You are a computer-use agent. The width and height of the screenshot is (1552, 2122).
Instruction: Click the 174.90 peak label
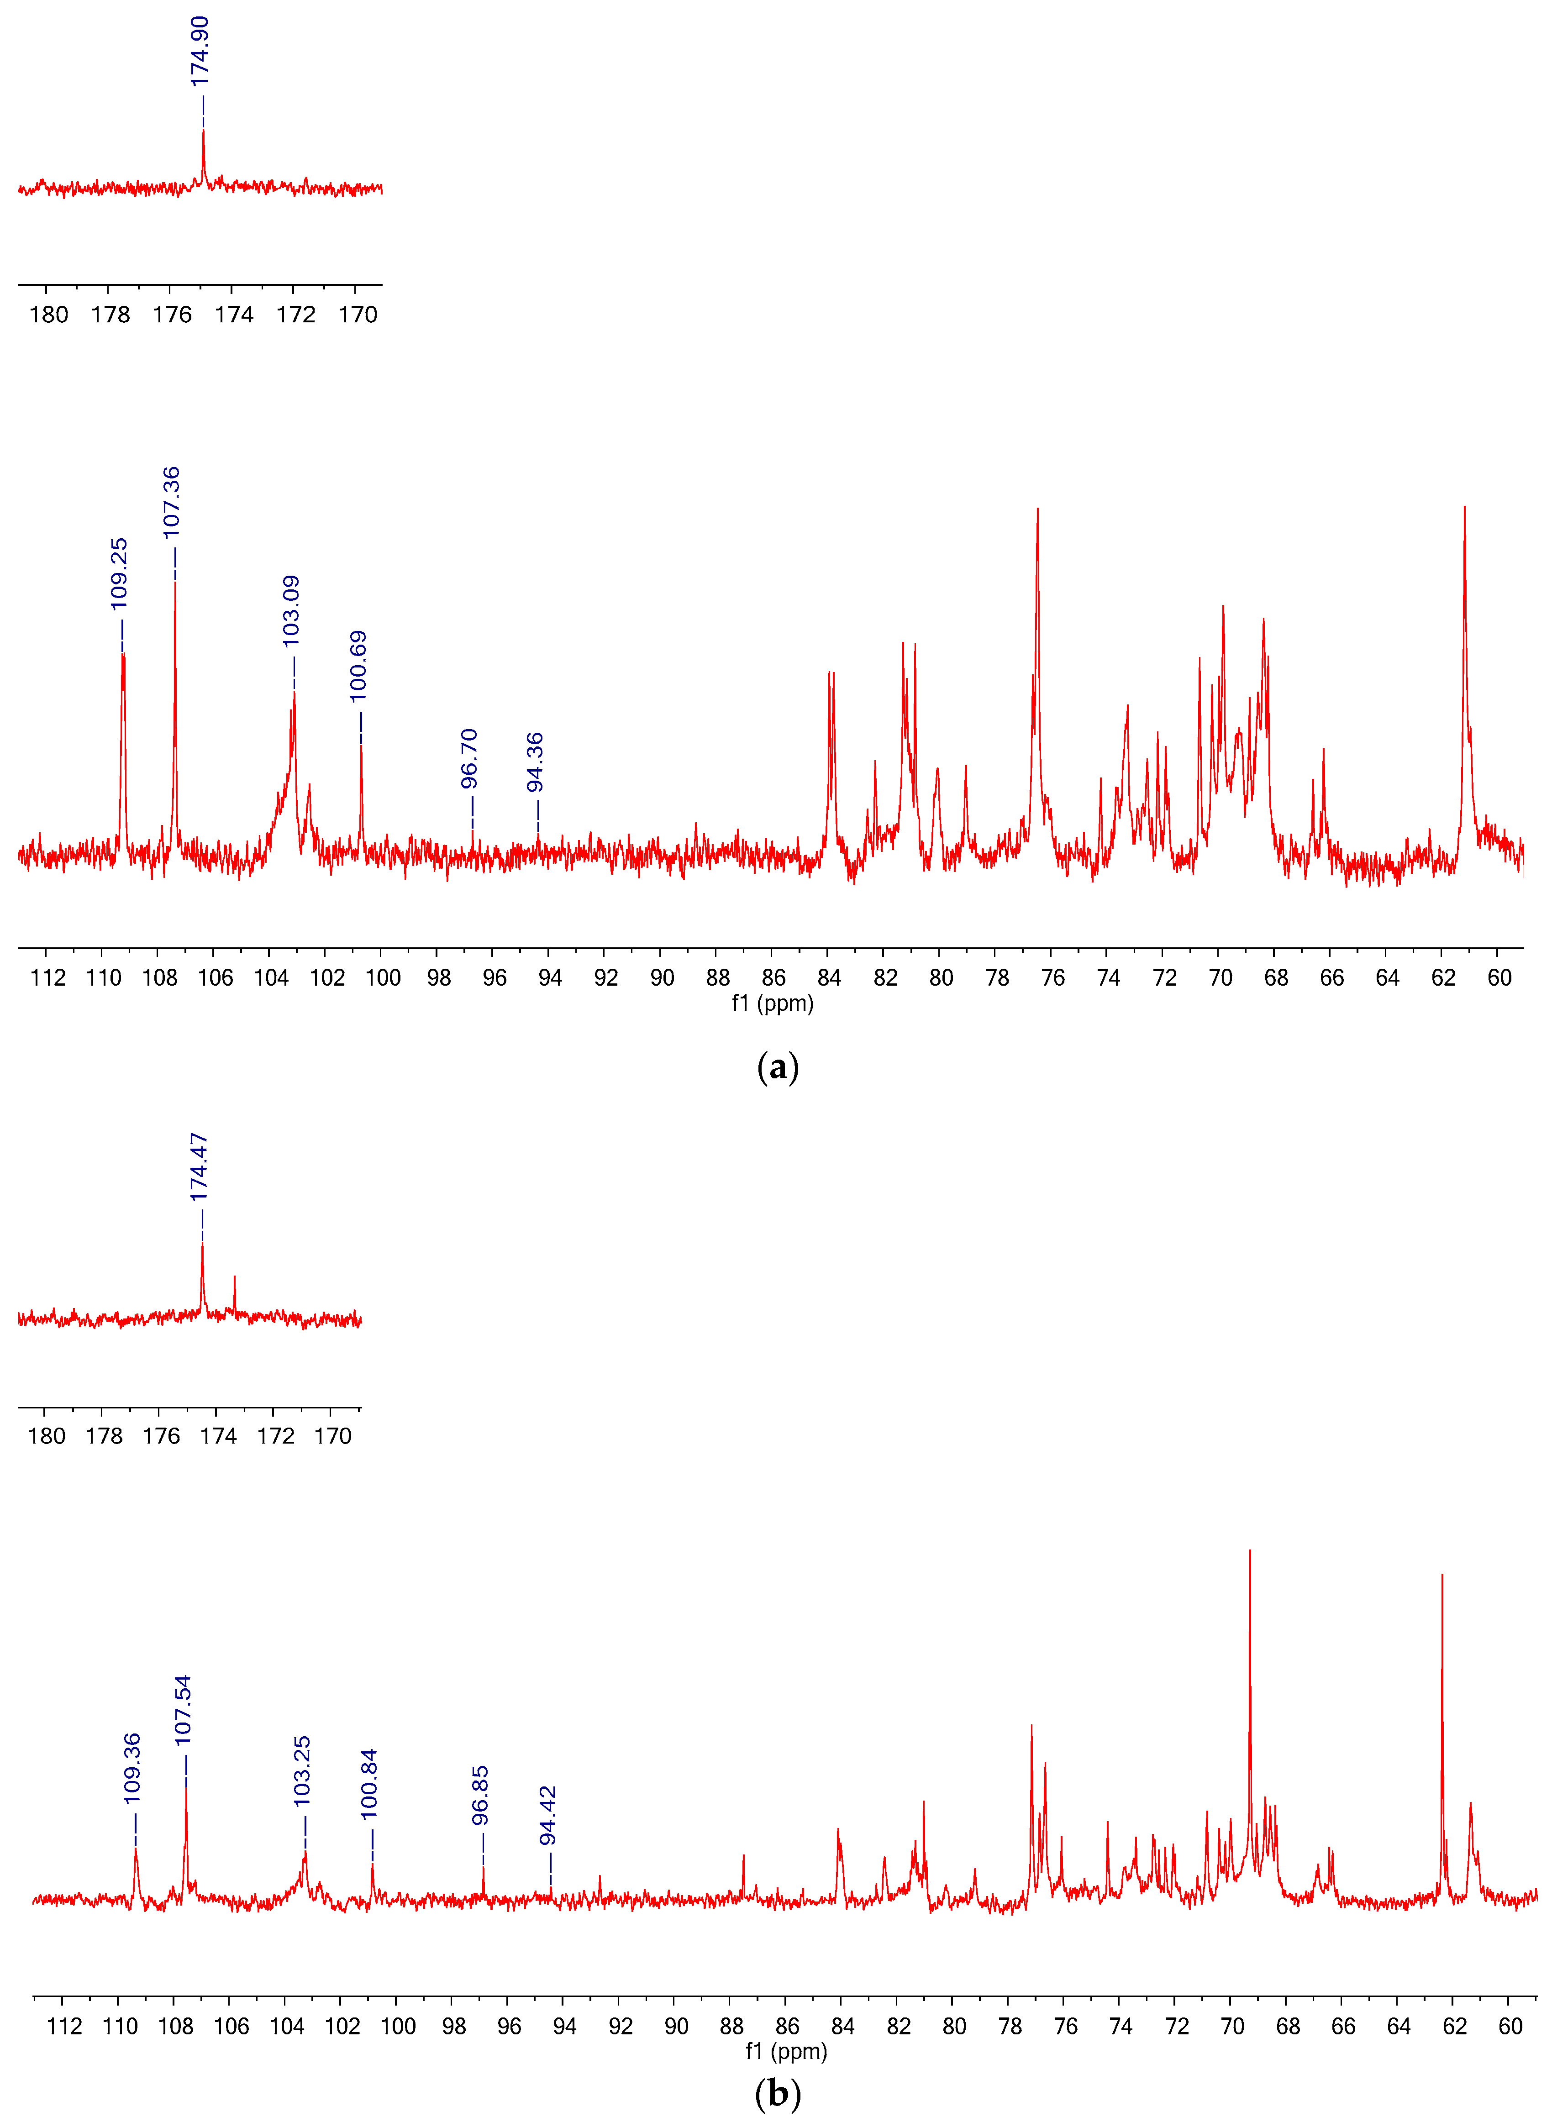coord(200,52)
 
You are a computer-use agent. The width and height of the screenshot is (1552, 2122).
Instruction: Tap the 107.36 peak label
coord(171,503)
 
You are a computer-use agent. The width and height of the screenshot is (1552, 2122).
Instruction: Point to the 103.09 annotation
coord(291,610)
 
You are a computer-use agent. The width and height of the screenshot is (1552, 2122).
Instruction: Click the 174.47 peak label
coord(198,1168)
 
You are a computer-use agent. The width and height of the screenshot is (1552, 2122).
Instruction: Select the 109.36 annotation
coord(132,1768)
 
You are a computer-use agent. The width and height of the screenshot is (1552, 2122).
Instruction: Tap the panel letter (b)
coord(777,2094)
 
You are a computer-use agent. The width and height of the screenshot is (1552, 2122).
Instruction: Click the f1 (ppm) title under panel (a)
coord(772,1003)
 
